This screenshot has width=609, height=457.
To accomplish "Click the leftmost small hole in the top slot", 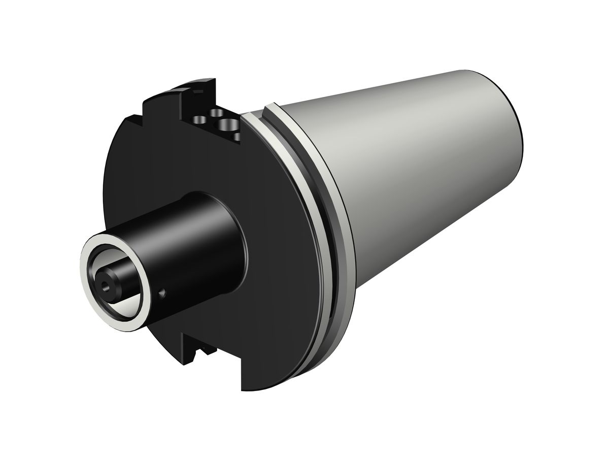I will pyautogui.click(x=199, y=120).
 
